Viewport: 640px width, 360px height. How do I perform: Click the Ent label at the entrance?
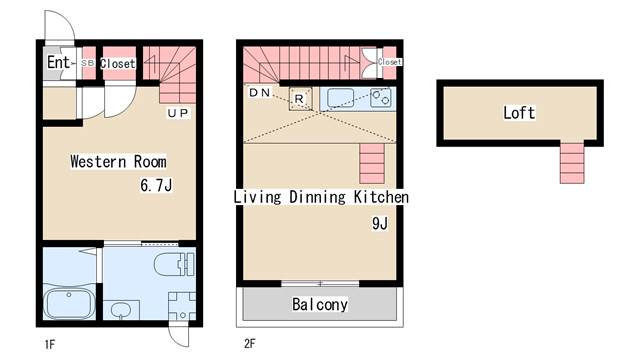tap(59, 62)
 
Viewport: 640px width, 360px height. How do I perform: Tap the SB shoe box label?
tap(88, 63)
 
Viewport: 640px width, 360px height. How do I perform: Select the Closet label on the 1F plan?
tap(118, 64)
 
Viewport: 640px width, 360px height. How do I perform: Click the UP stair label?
tap(178, 113)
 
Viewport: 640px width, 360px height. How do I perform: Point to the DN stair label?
tap(260, 93)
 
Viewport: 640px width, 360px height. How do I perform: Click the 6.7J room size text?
tap(156, 185)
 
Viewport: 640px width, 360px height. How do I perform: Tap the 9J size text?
tap(380, 223)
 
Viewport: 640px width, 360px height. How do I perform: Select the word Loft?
tap(519, 113)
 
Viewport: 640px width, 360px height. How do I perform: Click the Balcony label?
tap(320, 304)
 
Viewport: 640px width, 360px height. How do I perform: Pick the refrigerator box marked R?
tap(300, 98)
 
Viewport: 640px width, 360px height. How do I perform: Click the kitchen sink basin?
tap(340, 98)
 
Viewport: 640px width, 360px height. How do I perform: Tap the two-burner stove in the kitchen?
tap(380, 98)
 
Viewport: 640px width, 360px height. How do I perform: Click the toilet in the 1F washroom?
tap(174, 264)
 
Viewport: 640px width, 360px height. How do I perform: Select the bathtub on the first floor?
tap(69, 303)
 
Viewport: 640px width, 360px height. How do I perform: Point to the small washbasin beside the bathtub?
tap(121, 310)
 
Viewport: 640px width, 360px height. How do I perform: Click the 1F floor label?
tap(49, 345)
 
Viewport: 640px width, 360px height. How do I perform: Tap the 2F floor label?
tap(250, 344)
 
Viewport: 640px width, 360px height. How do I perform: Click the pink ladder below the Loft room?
tap(572, 163)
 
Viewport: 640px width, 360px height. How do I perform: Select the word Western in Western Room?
tap(98, 161)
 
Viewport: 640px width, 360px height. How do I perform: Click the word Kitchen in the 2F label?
tap(381, 197)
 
